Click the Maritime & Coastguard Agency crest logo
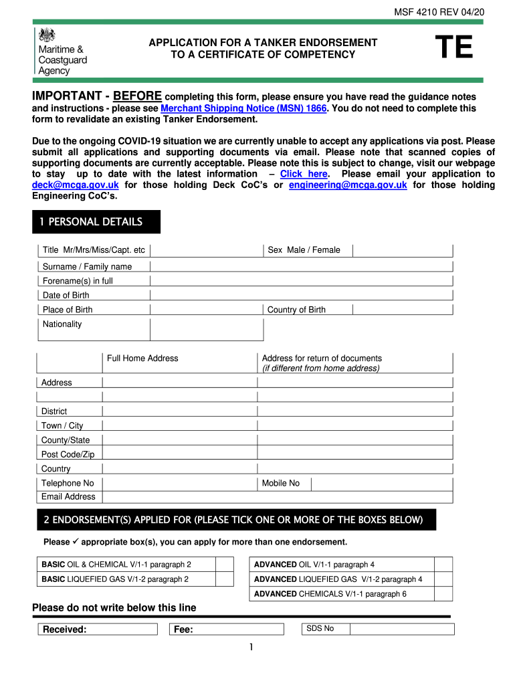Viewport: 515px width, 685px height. [x=46, y=36]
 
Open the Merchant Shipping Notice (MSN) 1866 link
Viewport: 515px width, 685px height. [x=243, y=108]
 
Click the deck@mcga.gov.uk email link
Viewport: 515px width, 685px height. [x=76, y=185]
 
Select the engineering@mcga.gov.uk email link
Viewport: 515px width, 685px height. [x=348, y=185]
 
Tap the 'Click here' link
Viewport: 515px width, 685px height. [x=304, y=174]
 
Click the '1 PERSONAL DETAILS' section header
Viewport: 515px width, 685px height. [x=96, y=222]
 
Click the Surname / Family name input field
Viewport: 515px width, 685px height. [x=301, y=266]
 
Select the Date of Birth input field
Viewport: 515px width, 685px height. [x=301, y=295]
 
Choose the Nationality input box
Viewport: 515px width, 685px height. [x=207, y=329]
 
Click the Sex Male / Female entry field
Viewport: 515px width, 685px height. [x=403, y=250]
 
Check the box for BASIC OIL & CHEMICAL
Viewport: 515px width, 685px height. [x=224, y=565]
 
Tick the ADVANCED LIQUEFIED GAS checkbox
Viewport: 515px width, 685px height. [x=443, y=579]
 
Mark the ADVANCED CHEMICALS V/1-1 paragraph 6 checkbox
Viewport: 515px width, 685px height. [x=443, y=594]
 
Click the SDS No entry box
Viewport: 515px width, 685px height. [x=403, y=629]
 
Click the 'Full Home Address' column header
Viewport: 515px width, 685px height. [x=142, y=359]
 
